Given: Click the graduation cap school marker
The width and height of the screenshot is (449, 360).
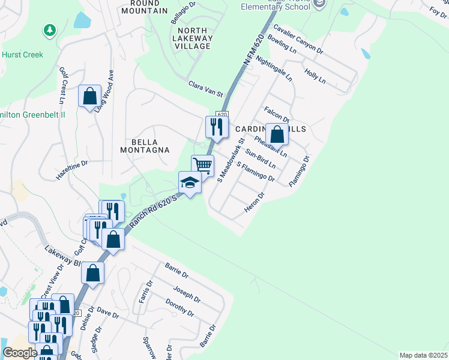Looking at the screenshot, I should point(190,182).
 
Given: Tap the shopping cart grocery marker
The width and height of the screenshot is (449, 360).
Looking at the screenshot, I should point(202,166).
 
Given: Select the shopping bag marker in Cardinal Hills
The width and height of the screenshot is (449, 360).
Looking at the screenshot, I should point(277,134).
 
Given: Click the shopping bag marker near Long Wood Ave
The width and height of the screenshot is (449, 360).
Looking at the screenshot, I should point(89,96).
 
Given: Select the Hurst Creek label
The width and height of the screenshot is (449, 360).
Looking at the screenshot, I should point(22,54).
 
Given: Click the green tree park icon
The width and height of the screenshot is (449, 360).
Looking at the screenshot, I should point(49,30).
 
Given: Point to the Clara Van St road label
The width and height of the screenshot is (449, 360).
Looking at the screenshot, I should point(205,89).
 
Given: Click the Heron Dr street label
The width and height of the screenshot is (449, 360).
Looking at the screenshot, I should point(255,203).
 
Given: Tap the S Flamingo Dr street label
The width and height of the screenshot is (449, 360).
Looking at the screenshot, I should point(256,172).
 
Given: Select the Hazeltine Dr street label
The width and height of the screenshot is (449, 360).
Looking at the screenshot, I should point(72,170).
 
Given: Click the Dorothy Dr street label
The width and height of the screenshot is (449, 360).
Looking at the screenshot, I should point(181,308).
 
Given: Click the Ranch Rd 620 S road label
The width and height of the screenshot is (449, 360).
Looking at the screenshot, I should point(154,210).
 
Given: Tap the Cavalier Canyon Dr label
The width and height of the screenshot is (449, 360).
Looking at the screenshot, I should point(298,40).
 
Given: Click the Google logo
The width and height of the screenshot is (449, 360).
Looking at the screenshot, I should point(20,353).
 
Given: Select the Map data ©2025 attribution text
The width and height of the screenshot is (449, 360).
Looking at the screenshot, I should point(424,355).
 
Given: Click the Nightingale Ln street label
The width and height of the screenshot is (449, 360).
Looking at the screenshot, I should point(274,69).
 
